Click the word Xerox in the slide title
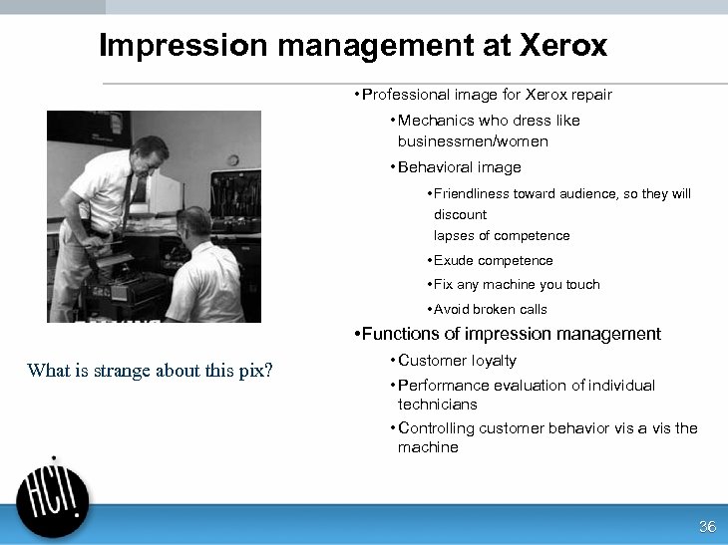[x=562, y=46]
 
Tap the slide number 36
[x=707, y=527]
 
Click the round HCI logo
[x=53, y=501]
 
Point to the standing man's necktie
[x=127, y=199]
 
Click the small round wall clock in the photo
[x=232, y=159]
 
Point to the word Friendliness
[x=473, y=194]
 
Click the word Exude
[x=452, y=261]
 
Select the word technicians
[x=437, y=405]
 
